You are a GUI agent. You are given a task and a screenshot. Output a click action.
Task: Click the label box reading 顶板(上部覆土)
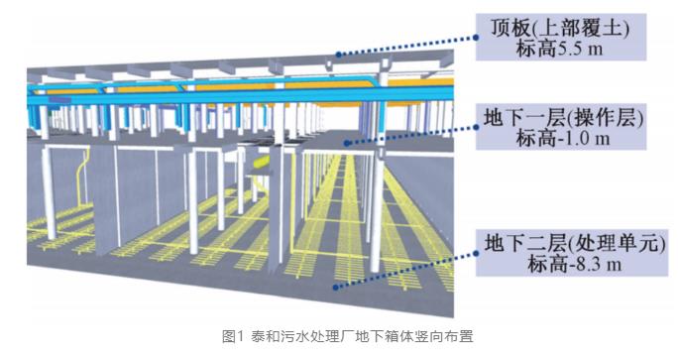pyautogui.click(x=561, y=37)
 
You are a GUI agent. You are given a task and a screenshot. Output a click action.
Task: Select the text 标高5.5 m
pyautogui.click(x=559, y=49)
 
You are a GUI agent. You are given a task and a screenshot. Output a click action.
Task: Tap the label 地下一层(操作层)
pyautogui.click(x=563, y=117)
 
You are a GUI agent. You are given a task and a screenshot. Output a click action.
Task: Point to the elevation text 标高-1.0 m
pyautogui.click(x=563, y=138)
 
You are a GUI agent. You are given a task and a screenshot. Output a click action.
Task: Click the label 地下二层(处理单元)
pyautogui.click(x=575, y=243)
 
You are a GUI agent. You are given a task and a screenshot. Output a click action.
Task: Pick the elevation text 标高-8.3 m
pyautogui.click(x=575, y=264)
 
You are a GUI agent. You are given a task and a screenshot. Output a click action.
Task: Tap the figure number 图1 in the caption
pyautogui.click(x=234, y=336)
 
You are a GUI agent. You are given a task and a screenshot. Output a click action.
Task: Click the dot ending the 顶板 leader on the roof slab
pyautogui.click(x=339, y=55)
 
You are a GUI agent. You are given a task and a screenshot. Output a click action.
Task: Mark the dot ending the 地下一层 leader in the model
pyautogui.click(x=346, y=143)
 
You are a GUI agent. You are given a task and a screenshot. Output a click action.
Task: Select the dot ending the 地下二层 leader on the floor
pyautogui.click(x=336, y=287)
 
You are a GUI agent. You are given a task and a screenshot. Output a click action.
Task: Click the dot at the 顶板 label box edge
pyautogui.click(x=476, y=38)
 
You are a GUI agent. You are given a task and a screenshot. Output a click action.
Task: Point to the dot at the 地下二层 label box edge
pyautogui.click(x=476, y=253)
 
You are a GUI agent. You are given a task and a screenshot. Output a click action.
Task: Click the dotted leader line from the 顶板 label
pyautogui.click(x=407, y=46)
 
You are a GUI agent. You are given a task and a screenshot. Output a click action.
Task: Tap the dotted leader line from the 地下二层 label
pyautogui.click(x=405, y=270)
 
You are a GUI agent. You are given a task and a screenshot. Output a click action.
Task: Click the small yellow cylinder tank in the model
pyautogui.click(x=261, y=163)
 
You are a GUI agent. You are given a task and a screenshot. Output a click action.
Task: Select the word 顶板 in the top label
pyautogui.click(x=510, y=28)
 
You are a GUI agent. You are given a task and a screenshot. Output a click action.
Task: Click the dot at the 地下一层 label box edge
pyautogui.click(x=476, y=127)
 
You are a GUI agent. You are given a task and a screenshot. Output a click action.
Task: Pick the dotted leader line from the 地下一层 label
pyautogui.click(x=411, y=135)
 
